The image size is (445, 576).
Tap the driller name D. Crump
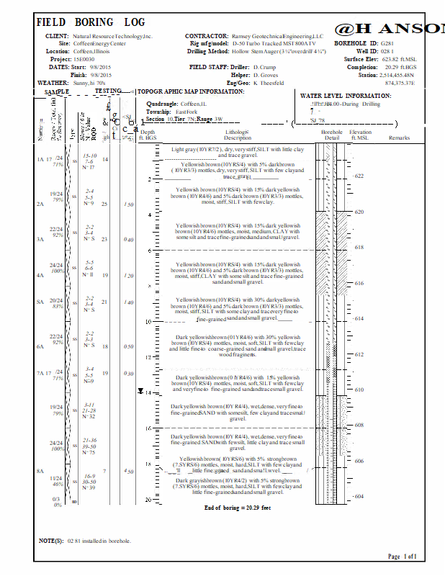point(266,67)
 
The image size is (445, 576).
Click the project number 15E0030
point(84,59)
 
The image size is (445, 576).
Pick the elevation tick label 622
point(359,176)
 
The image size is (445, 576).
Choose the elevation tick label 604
point(359,496)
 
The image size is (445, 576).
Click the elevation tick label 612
point(359,354)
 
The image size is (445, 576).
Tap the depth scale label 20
point(148,499)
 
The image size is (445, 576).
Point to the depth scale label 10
point(148,321)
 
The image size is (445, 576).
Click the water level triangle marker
point(141,391)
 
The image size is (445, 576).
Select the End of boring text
point(238,508)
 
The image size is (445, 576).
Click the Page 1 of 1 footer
point(402,557)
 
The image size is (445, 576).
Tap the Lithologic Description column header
point(238,135)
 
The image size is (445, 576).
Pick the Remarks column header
point(399,138)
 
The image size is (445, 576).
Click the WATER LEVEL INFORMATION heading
point(346,96)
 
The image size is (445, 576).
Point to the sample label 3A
point(41,238)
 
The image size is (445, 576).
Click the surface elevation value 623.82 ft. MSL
point(400,59)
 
